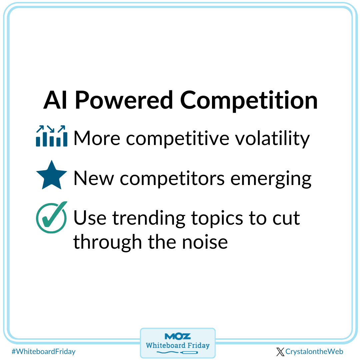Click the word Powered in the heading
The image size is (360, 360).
[124, 100]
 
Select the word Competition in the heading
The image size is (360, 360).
[249, 100]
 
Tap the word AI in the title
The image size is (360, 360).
[55, 100]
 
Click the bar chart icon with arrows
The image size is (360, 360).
[52, 136]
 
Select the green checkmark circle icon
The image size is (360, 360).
[52, 217]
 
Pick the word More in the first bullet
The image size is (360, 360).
[97, 138]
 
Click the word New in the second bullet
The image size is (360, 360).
[94, 178]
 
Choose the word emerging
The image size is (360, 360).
[271, 179]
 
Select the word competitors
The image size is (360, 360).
[172, 179]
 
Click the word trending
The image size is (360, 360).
[149, 218]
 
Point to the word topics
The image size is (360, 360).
[217, 218]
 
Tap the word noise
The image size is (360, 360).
[205, 242]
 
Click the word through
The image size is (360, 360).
[107, 242]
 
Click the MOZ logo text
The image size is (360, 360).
[178, 337]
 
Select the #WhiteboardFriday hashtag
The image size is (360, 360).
[44, 352]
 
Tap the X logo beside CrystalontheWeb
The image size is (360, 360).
[280, 352]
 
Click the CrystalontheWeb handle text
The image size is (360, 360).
[314, 352]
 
